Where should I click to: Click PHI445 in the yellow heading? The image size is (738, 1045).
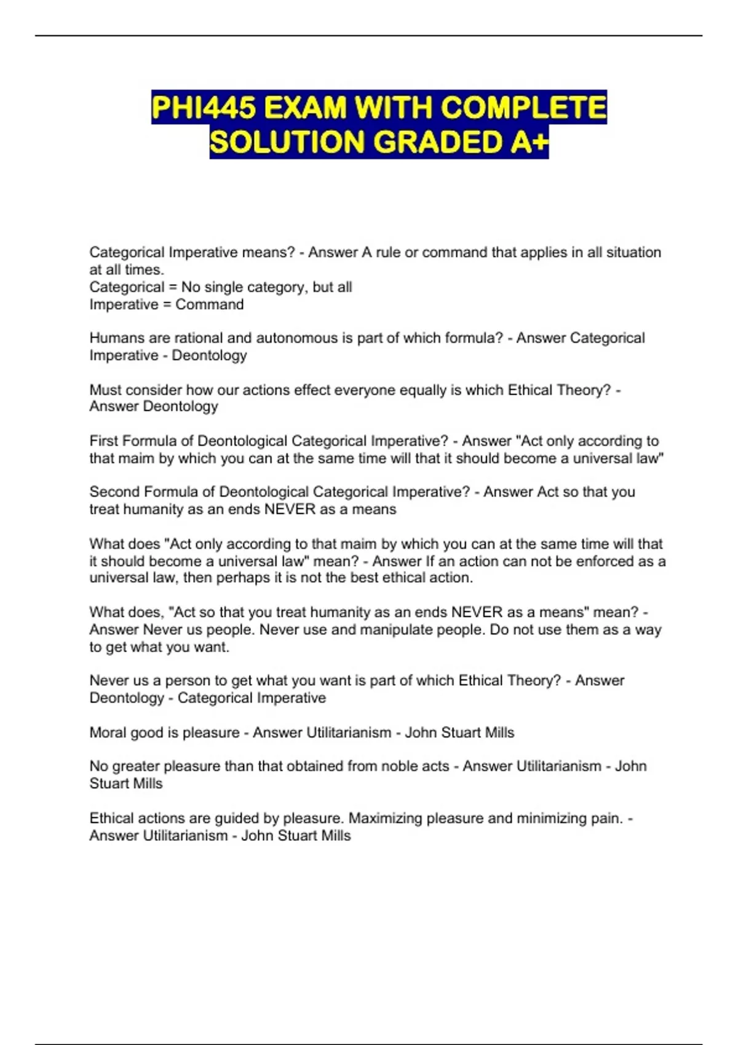[204, 108]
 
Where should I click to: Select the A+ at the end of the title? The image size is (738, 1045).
[528, 143]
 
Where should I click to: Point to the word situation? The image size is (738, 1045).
[633, 253]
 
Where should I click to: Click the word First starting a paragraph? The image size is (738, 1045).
[104, 441]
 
